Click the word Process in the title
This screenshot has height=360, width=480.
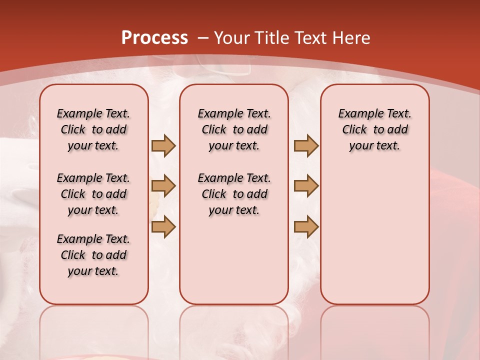(154, 38)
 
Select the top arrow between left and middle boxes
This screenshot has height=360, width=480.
(163, 145)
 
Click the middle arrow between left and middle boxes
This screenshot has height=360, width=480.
(163, 186)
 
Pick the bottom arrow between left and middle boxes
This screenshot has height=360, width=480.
(163, 226)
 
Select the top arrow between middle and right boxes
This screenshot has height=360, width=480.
(306, 145)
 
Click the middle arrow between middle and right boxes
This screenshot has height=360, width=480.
(306, 186)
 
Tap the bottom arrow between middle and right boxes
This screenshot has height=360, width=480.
(306, 226)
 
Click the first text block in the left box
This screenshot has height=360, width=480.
(93, 129)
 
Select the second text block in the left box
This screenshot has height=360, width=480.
(93, 194)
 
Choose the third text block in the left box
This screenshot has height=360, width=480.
(93, 255)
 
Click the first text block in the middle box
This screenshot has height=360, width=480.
(234, 129)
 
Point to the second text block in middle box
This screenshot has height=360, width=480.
(234, 194)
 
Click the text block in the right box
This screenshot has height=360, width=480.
(375, 129)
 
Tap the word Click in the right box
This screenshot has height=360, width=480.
(354, 130)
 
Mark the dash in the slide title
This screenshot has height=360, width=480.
(203, 38)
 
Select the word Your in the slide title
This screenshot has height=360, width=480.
(232, 38)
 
